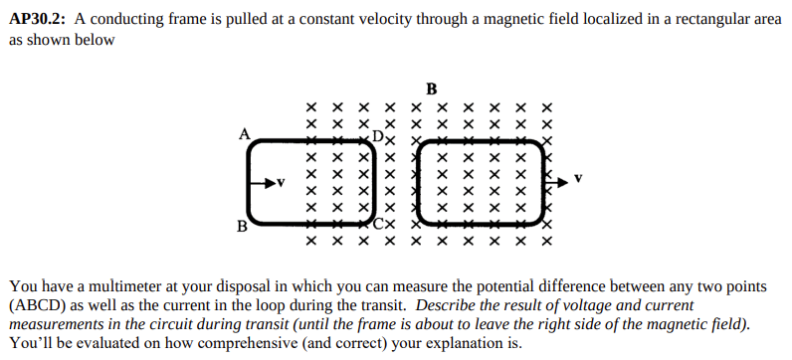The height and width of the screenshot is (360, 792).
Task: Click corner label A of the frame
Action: (243, 131)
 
